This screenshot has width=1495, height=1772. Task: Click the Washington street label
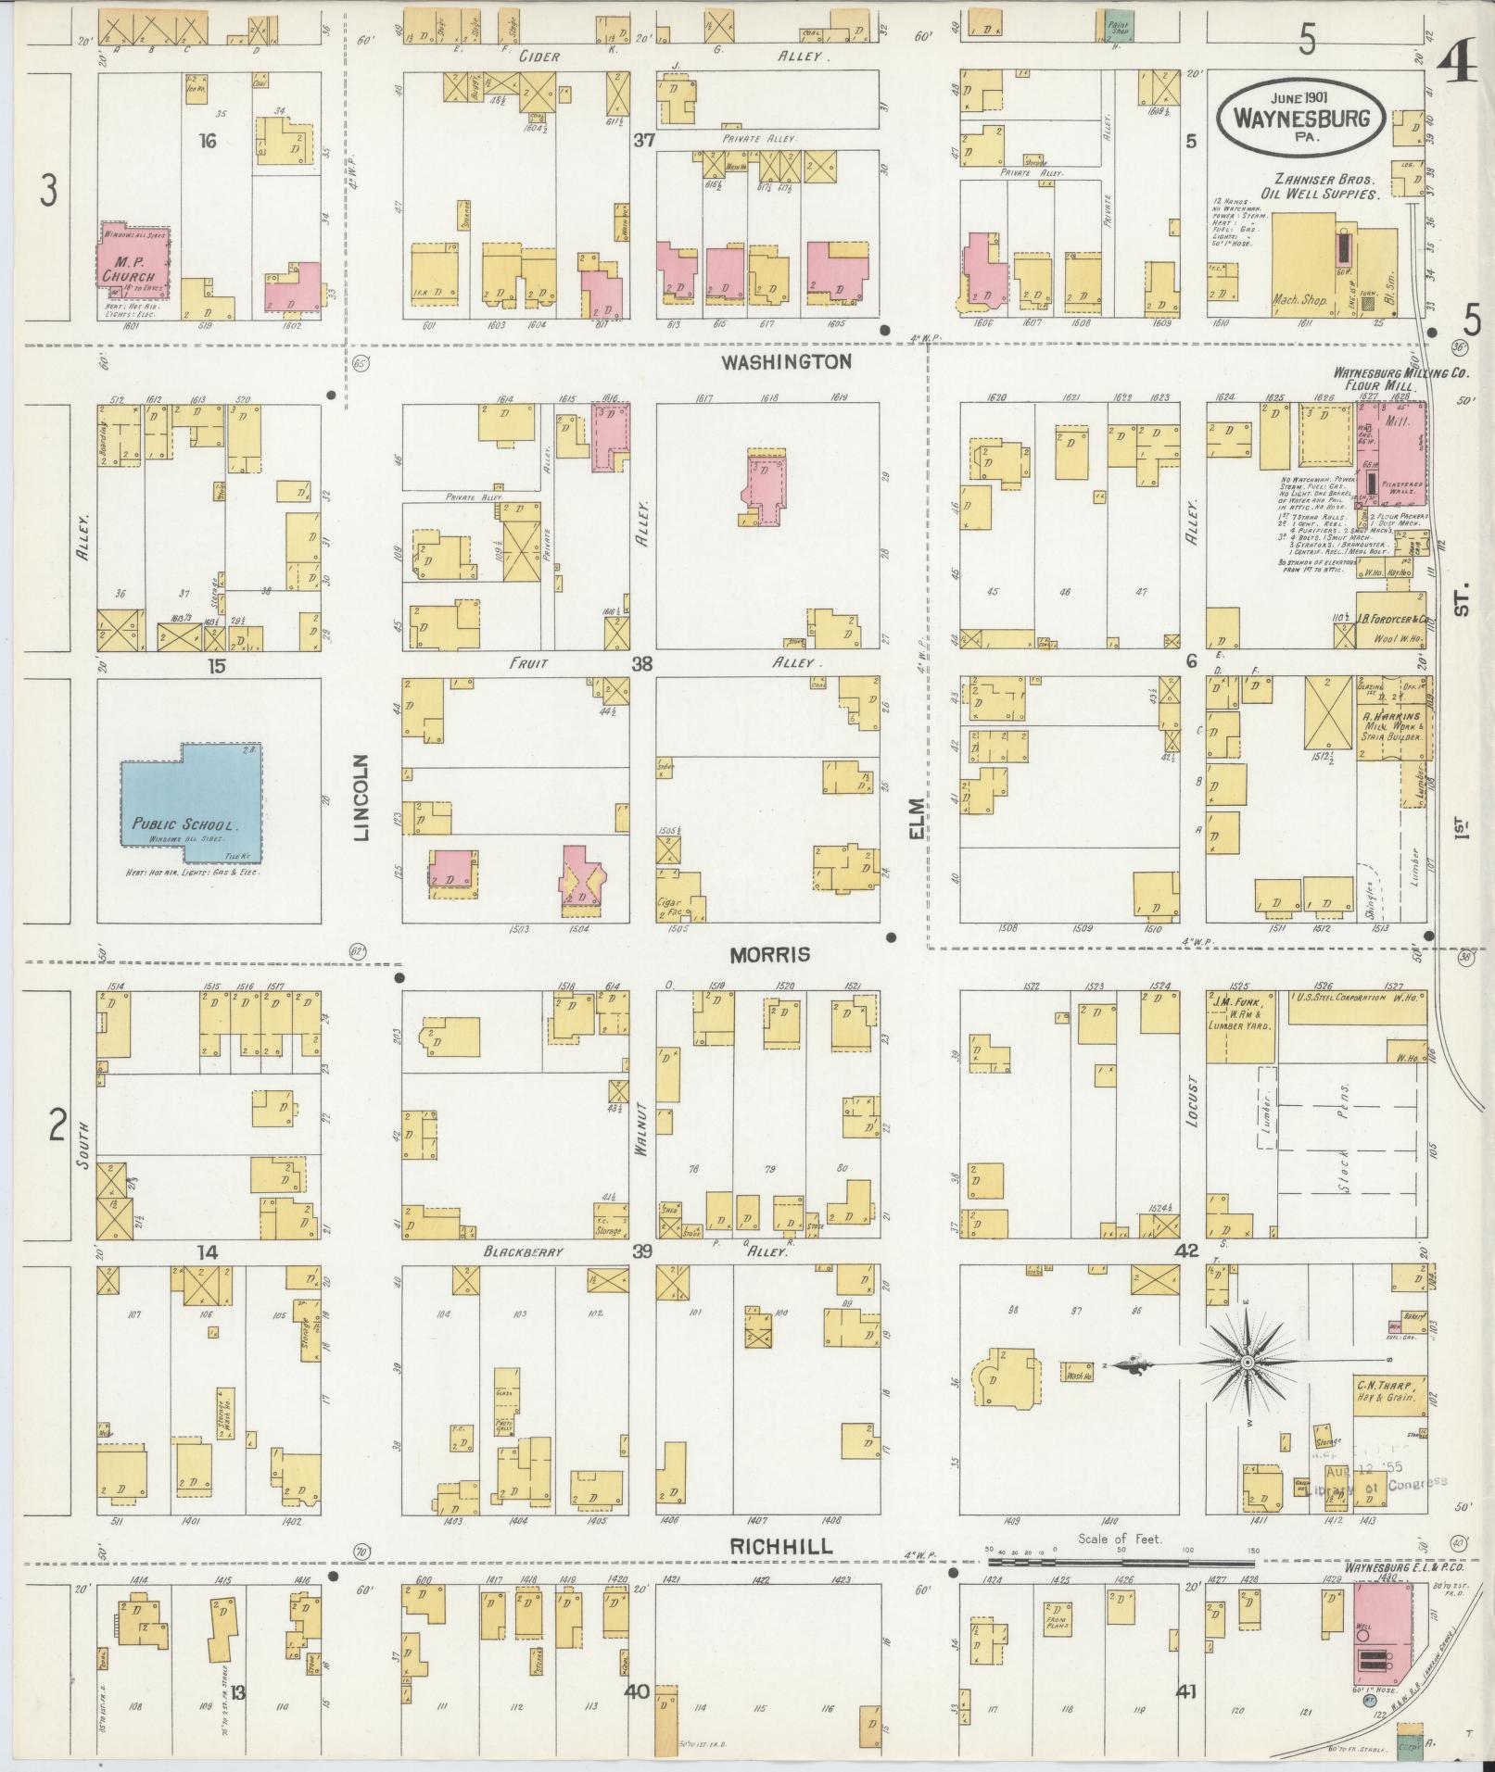[785, 361]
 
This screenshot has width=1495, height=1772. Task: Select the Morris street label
[769, 954]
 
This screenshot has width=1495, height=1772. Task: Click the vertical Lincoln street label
[361, 797]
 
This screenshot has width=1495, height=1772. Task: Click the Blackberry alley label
[524, 1250]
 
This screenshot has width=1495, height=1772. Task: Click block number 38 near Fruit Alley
[641, 663]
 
